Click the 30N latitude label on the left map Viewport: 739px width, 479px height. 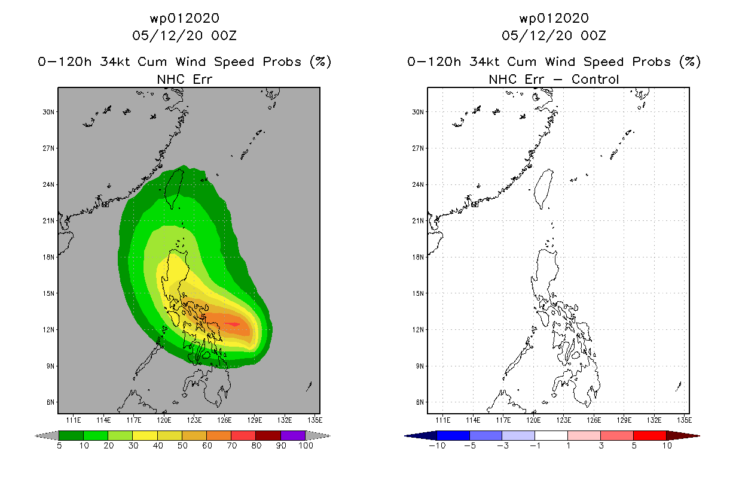tap(48, 112)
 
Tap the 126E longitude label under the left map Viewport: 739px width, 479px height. tap(224, 420)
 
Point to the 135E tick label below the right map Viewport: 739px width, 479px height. tap(684, 420)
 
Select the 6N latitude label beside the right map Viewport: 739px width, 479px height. tap(420, 402)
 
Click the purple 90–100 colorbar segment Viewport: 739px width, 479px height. tap(293, 435)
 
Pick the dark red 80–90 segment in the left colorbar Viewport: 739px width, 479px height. tap(268, 435)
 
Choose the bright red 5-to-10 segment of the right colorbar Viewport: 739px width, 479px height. tap(650, 435)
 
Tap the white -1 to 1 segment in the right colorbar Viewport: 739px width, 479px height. tap(551, 435)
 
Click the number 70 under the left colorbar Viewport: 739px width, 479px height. tap(232, 445)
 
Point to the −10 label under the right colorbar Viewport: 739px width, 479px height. tap(437, 445)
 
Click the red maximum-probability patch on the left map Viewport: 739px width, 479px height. tap(232, 324)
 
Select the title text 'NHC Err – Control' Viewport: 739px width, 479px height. tap(554, 79)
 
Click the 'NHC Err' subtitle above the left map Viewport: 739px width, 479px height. tap(184, 79)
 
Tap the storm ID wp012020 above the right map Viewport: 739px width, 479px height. tap(554, 18)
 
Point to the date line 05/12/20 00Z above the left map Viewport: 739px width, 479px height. tap(184, 35)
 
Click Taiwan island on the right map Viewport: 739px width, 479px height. tap(543, 188)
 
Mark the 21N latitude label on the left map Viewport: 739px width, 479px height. tap(48, 221)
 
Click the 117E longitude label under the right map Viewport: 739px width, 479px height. tap(503, 420)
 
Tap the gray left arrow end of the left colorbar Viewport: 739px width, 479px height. tap(47, 436)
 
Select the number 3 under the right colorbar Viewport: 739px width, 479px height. tap(601, 445)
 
